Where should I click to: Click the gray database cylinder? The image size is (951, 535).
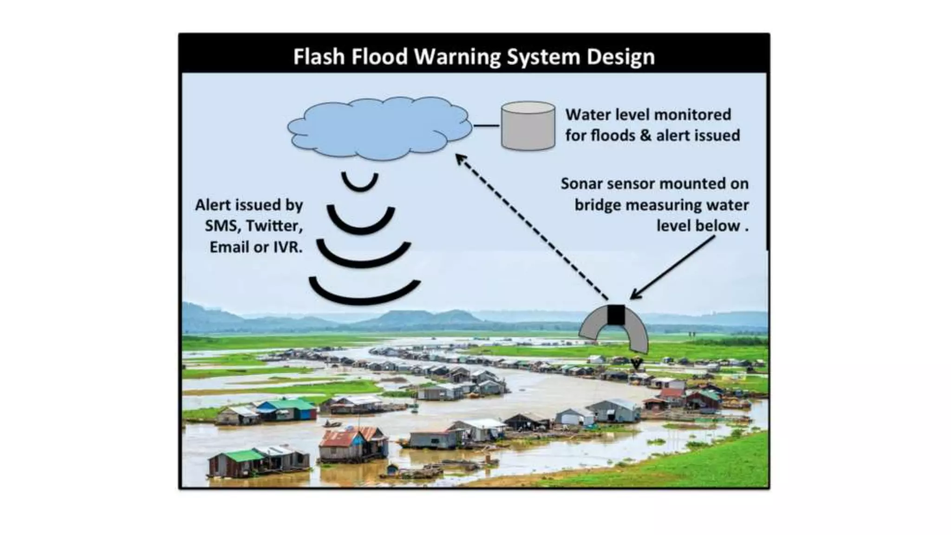[x=528, y=126]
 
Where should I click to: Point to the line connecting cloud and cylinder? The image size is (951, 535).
[x=486, y=126]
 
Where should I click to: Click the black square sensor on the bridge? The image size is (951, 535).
[x=616, y=314]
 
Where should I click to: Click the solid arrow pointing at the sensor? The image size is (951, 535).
[x=673, y=267]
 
